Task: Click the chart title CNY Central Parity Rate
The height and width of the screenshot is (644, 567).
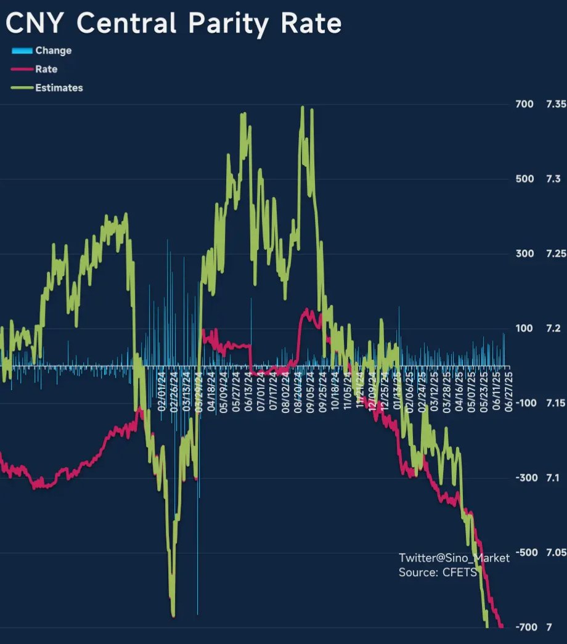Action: pyautogui.click(x=174, y=23)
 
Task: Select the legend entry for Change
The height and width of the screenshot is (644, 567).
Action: pyautogui.click(x=53, y=51)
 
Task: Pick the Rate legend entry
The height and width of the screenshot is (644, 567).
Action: pyautogui.click(x=46, y=69)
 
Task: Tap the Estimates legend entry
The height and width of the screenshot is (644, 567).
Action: pyautogui.click(x=59, y=88)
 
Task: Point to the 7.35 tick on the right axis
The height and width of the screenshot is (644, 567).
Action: pyautogui.click(x=556, y=104)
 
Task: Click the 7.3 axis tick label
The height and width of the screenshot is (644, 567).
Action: pyautogui.click(x=553, y=179)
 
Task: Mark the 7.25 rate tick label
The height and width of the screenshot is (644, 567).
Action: pyautogui.click(x=556, y=254)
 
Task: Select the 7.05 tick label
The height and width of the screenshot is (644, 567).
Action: pyautogui.click(x=556, y=552)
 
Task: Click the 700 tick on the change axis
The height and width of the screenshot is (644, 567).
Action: pyautogui.click(x=524, y=104)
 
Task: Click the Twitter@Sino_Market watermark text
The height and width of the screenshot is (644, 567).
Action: pyautogui.click(x=454, y=558)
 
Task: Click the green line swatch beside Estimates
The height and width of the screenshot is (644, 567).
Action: pyautogui.click(x=22, y=88)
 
